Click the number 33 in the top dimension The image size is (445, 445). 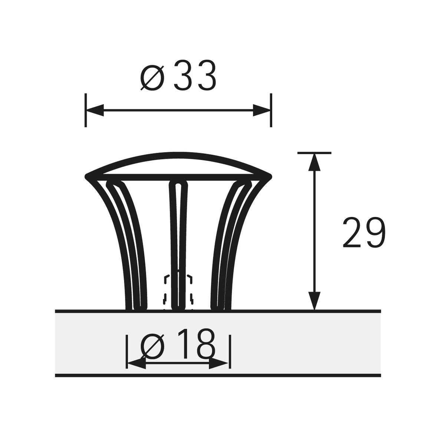(x=195, y=75)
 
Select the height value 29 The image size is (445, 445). (x=364, y=232)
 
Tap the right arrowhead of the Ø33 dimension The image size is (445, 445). (x=261, y=110)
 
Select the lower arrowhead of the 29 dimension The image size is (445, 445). (x=314, y=301)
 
